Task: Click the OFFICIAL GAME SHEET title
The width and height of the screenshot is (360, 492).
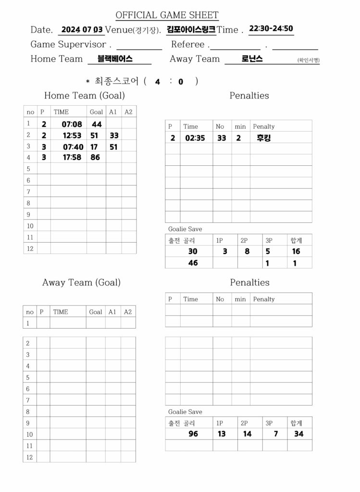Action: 167,15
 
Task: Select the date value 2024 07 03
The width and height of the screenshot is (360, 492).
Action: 82,29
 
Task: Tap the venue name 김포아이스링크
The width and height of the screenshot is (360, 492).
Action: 191,29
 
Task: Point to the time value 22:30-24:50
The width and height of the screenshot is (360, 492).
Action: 271,28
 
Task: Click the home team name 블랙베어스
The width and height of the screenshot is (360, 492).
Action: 115,59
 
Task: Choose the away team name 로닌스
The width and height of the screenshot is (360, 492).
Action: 252,59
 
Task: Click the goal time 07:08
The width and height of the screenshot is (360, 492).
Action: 72,124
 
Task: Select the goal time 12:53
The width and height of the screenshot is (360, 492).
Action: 72,136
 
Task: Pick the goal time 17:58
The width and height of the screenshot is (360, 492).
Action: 72,157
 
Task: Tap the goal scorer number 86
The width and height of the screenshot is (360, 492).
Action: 95,157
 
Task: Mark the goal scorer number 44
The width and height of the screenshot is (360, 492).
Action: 97,124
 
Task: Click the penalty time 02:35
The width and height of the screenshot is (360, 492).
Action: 195,138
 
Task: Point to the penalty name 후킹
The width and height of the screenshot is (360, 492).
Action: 264,138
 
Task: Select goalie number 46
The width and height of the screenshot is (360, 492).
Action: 193,263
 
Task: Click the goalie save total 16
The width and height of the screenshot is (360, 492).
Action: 296,251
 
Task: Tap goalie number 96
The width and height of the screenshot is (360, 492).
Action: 193,434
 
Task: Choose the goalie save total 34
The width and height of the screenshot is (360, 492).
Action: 298,434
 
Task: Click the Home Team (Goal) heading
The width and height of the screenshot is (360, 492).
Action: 84,96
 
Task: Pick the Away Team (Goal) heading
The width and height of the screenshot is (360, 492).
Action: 81,283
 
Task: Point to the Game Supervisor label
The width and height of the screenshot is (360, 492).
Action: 68,45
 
